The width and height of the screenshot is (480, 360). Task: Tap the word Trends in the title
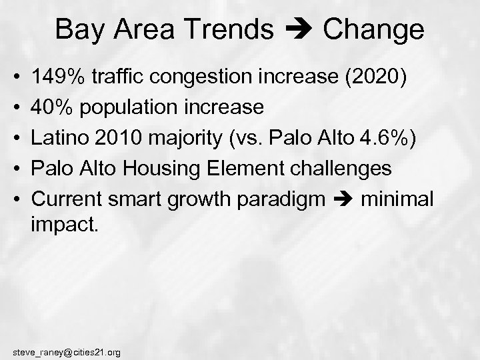coord(234,29)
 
